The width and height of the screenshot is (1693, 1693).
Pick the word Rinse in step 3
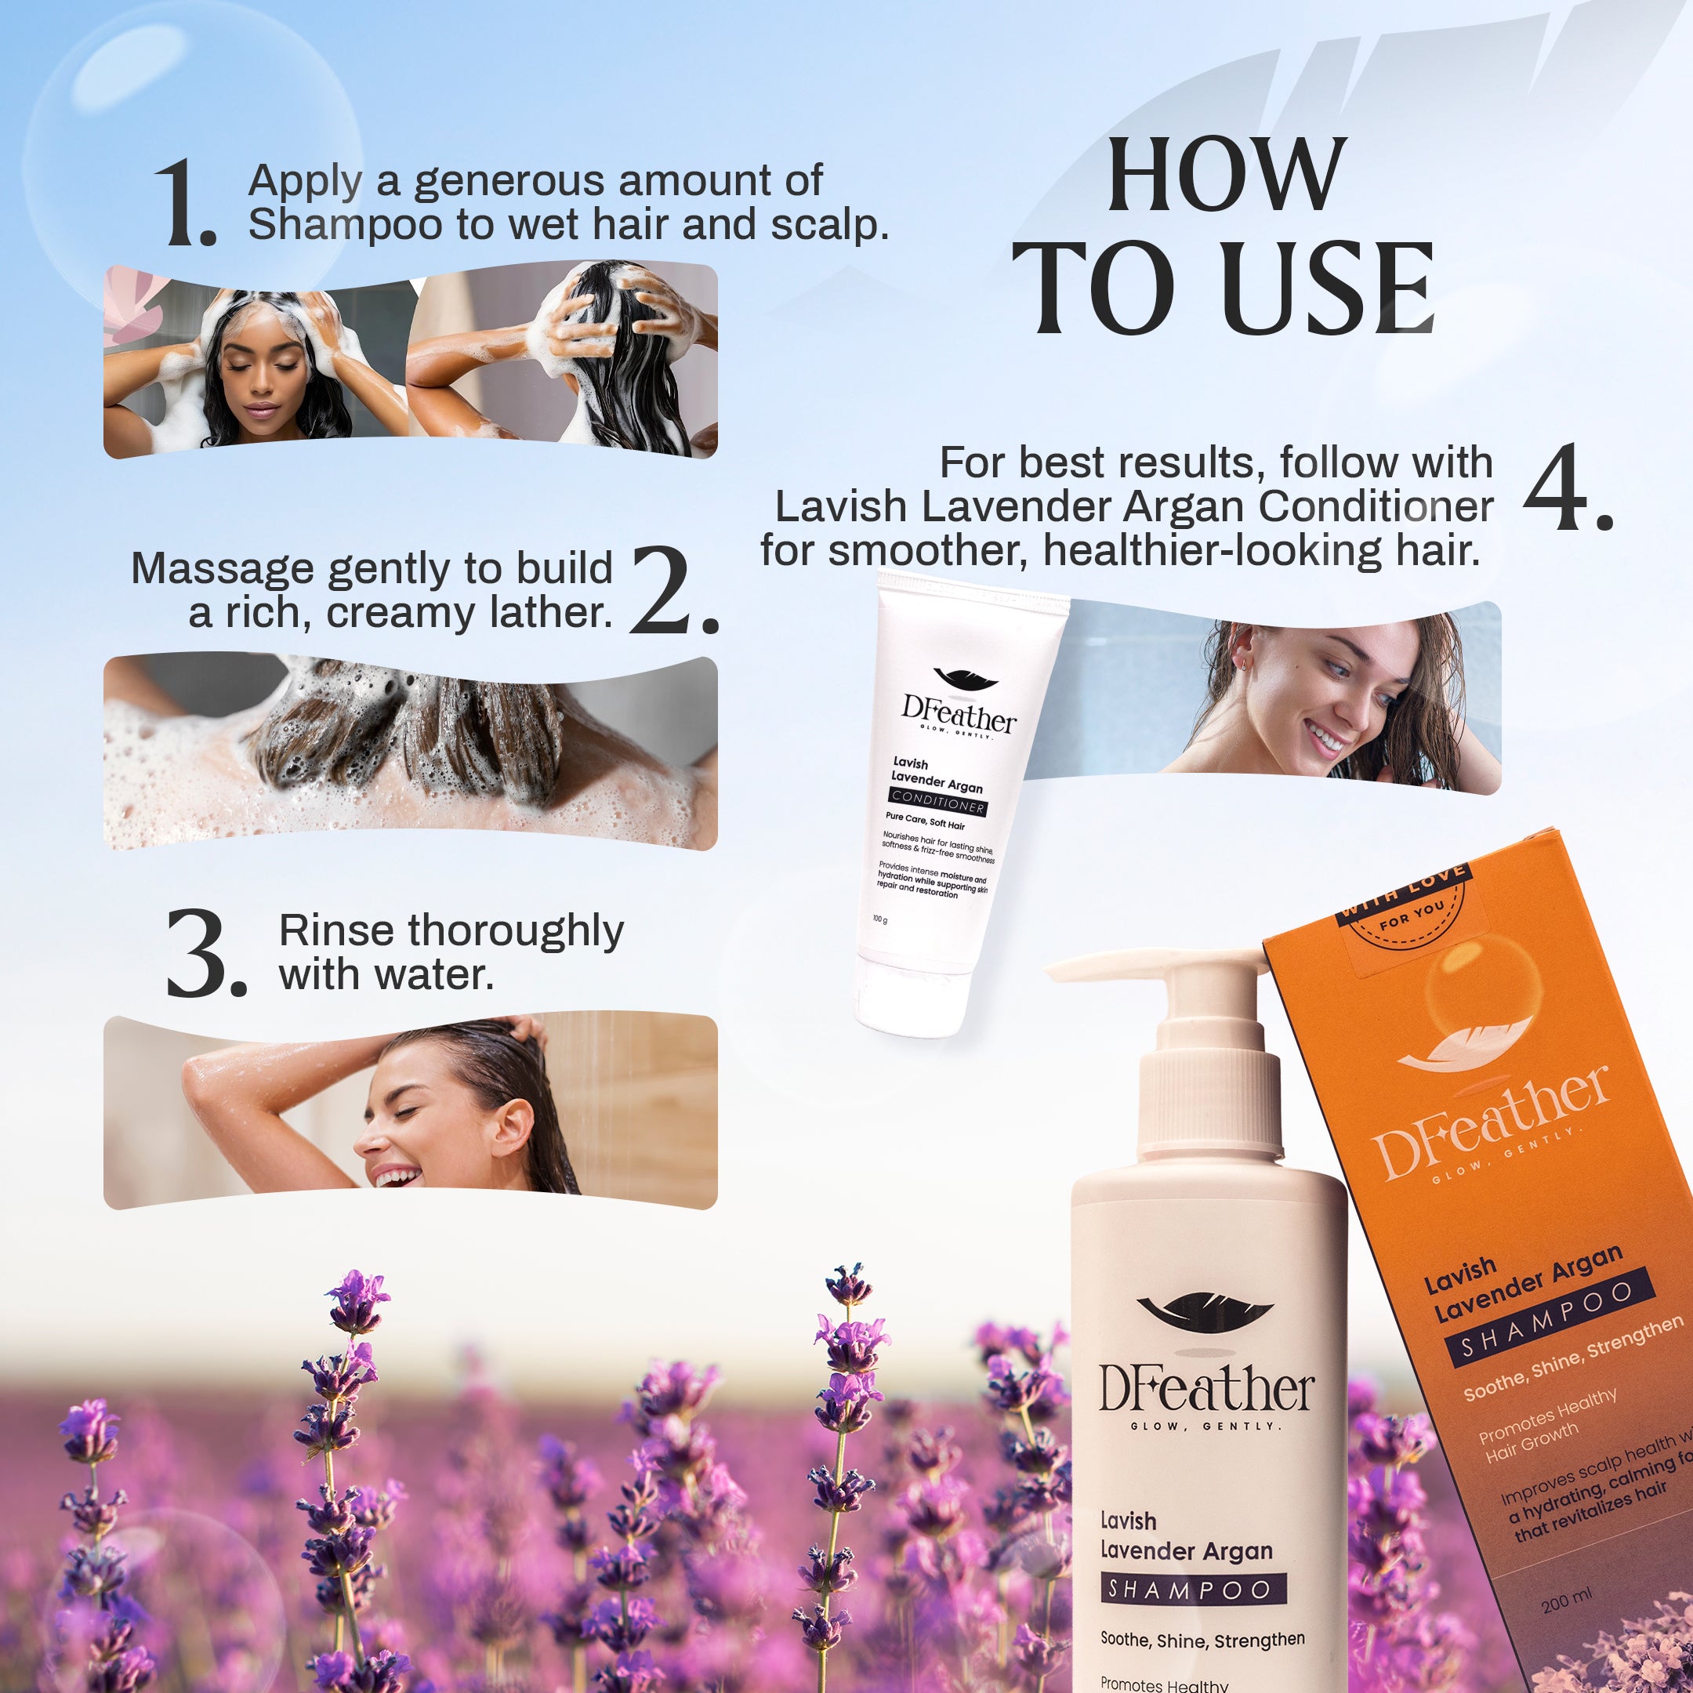coord(335,930)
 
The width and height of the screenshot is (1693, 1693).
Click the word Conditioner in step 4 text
coord(1376,506)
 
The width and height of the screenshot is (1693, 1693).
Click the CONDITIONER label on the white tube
coord(937,803)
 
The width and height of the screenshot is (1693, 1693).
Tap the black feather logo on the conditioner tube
coord(965,678)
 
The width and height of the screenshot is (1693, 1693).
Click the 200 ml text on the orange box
coord(1567,1600)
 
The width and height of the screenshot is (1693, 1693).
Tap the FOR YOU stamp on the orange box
coord(1411,915)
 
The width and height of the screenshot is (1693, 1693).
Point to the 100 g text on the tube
coord(879,919)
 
